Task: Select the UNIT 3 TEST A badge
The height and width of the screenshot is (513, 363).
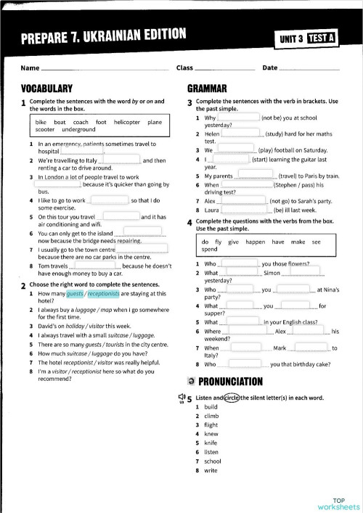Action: click(308, 38)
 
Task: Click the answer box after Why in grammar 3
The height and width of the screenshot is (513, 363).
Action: click(239, 117)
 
